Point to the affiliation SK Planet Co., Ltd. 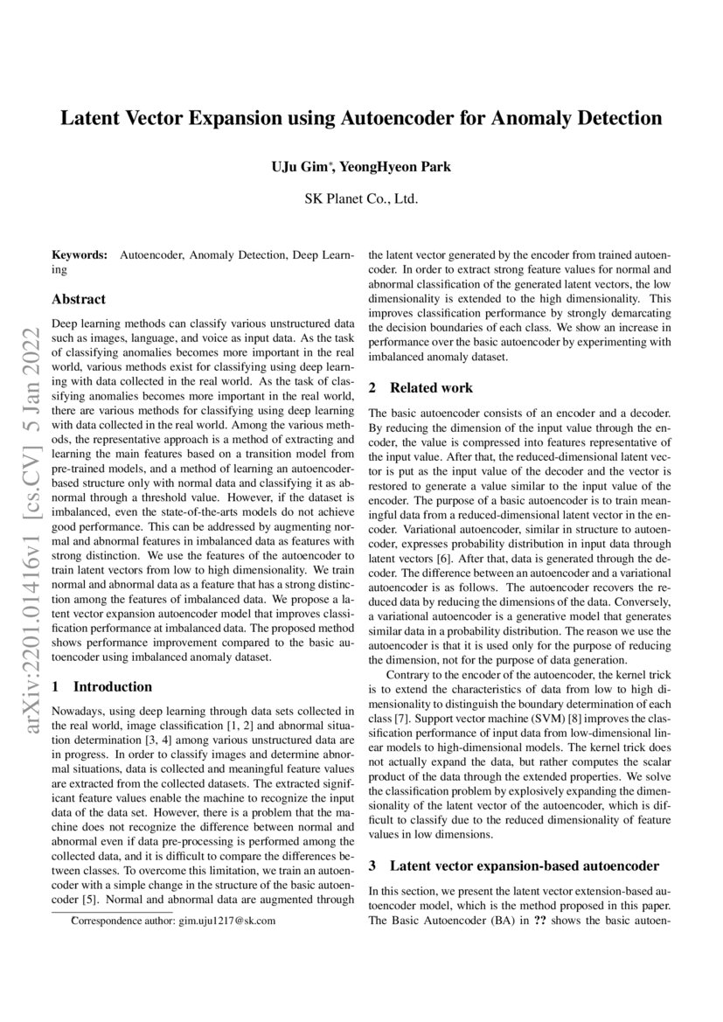pos(361,198)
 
